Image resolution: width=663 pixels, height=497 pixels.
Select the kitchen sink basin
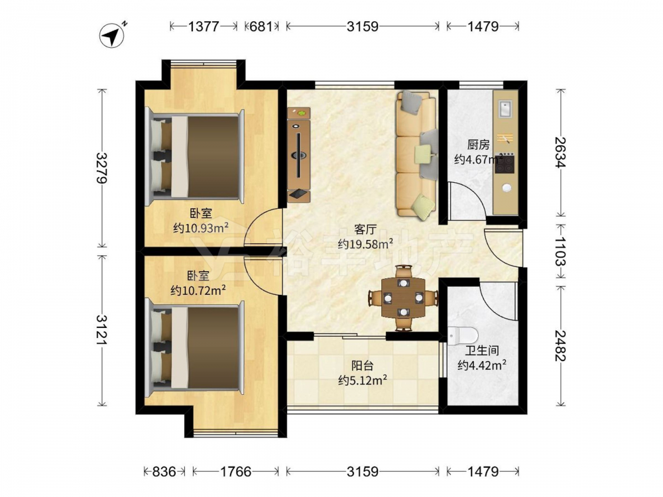(505, 109)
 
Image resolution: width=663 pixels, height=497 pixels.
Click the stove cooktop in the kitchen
(505, 164)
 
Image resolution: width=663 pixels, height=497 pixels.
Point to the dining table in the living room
(403, 298)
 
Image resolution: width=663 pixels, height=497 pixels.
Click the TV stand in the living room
(299, 154)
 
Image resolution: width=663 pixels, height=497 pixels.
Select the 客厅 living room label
(365, 229)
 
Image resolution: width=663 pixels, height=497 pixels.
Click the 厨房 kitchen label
(479, 145)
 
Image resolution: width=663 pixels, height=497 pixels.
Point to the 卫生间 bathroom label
(482, 351)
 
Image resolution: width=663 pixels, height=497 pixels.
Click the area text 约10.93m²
(201, 228)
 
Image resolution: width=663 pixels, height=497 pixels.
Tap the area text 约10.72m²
(198, 290)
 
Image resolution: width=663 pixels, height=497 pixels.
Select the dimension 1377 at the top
(204, 27)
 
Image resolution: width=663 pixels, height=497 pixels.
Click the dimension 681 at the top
(261, 27)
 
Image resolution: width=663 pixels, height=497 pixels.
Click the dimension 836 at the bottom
(164, 471)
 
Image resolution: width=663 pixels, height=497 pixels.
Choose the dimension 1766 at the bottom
(236, 471)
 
